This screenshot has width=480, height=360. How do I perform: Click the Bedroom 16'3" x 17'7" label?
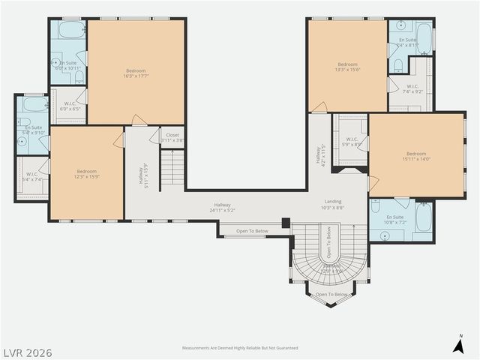[x=136, y=73]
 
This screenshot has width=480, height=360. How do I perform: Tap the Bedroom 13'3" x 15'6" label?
[x=347, y=67]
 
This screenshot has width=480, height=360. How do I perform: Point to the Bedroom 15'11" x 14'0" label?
[x=416, y=156]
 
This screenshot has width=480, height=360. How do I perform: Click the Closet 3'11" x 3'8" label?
[x=172, y=137]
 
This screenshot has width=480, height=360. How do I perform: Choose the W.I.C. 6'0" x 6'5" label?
[x=69, y=106]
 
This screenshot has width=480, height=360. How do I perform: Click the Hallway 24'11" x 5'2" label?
[x=223, y=207]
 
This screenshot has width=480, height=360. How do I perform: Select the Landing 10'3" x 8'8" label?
[x=333, y=204]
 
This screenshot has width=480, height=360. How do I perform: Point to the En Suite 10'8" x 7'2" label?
[x=395, y=220]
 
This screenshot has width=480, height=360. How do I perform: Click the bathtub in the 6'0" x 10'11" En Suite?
[x=71, y=31]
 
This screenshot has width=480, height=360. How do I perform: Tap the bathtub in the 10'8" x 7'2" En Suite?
[x=423, y=218]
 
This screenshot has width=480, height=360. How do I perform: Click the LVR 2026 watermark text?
[x=27, y=352]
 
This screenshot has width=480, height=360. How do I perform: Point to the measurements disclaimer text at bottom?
[x=240, y=348]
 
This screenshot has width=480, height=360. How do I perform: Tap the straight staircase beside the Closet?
[x=173, y=169]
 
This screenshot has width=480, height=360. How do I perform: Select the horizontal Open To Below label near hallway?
[x=252, y=231]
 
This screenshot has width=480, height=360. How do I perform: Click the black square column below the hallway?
[x=286, y=223]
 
